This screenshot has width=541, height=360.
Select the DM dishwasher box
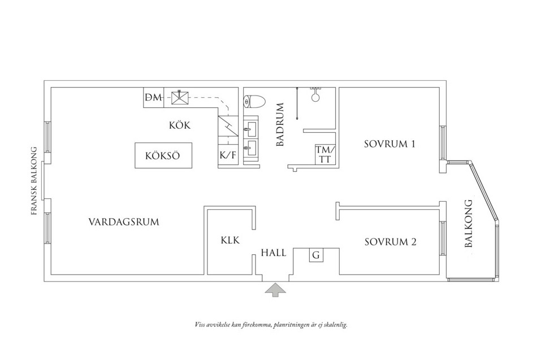[x=154, y=98]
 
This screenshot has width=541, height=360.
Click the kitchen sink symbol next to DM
[x=180, y=97]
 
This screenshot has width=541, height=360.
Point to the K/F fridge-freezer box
[x=228, y=155]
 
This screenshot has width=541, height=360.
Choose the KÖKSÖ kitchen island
[x=163, y=155]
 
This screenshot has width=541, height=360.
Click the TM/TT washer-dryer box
[x=325, y=154]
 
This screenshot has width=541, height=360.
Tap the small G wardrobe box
[x=316, y=255]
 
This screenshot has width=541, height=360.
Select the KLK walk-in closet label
[x=230, y=240]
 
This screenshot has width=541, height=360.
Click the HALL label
[x=274, y=253]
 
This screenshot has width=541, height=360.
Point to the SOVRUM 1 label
[x=389, y=144]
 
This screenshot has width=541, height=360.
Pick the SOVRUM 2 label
[x=391, y=242]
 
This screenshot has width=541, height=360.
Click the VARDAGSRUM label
[x=124, y=222]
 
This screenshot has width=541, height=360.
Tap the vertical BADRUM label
[x=280, y=124]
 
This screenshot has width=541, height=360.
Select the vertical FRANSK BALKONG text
[x=34, y=181]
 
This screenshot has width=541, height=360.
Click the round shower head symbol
[x=315, y=97]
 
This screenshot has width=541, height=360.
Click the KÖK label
[x=180, y=125]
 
